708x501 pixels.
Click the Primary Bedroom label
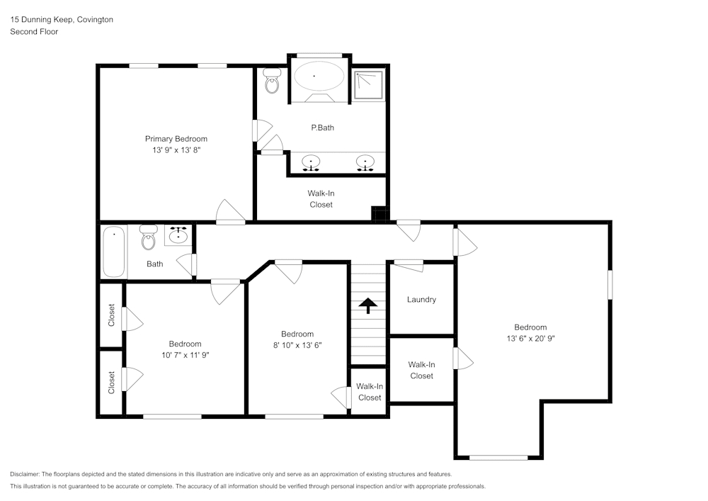(176, 139)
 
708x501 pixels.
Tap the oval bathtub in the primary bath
(314, 76)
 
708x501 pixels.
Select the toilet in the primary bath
(272, 80)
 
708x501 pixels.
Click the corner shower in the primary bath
(368, 84)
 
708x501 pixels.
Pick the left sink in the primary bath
(311, 162)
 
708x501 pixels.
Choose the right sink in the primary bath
(365, 162)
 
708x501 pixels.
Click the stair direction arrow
(368, 305)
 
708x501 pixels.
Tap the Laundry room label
(421, 300)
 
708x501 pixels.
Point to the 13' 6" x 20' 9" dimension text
(530, 338)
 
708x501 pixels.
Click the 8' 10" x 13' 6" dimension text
(297, 345)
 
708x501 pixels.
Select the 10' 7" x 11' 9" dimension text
(185, 355)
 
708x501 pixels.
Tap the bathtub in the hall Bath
(113, 252)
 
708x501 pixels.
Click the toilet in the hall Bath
(148, 237)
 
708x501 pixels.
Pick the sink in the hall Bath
(178, 235)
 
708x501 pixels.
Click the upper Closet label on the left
(112, 315)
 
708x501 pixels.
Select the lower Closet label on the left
(112, 383)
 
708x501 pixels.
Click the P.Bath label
(322, 128)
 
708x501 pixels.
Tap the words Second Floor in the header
(34, 32)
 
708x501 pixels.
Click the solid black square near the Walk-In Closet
(379, 214)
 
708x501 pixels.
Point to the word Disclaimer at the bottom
(25, 474)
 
